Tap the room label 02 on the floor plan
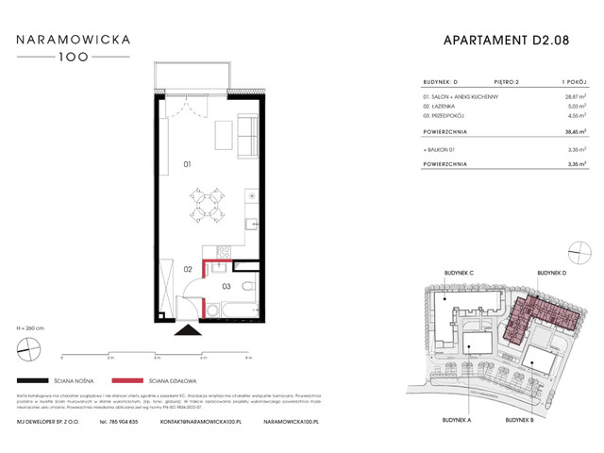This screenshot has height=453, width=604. (x=188, y=269)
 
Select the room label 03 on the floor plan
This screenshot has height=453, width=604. (x=226, y=285)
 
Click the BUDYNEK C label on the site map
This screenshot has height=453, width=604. (x=458, y=273)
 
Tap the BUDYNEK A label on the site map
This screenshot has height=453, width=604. (x=456, y=417)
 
